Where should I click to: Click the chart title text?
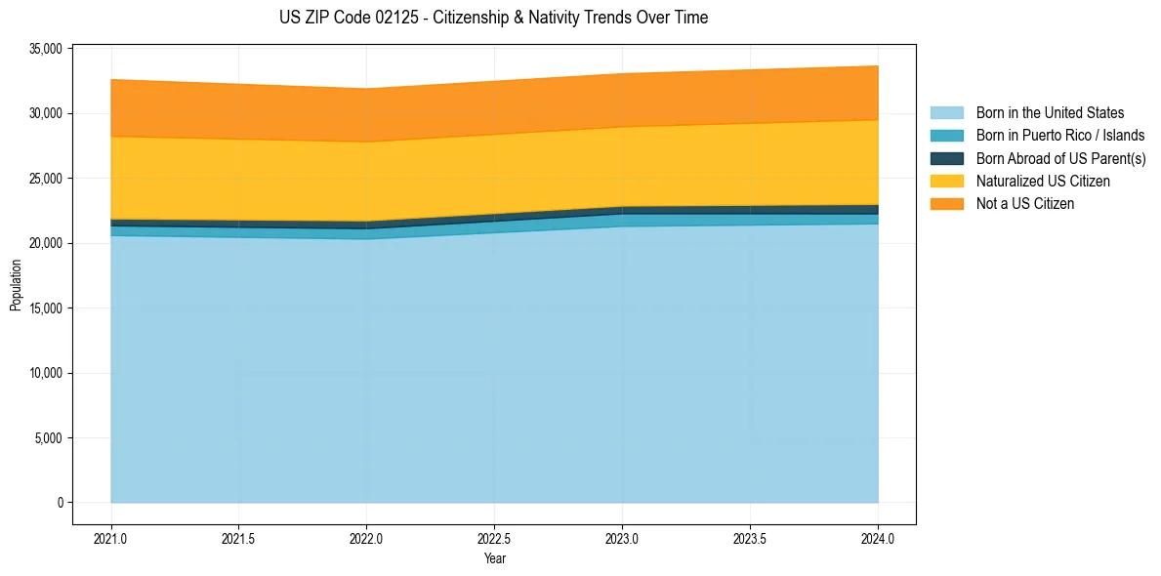tap(493, 18)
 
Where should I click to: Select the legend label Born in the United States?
tap(1050, 113)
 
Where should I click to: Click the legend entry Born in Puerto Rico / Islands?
tap(1059, 136)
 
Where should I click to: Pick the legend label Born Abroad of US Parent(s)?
tap(1060, 158)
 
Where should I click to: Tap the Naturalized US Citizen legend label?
tap(1043, 182)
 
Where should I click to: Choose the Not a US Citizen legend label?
tap(1024, 204)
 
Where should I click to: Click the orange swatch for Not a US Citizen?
tap(946, 204)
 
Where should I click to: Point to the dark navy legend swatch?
tap(946, 158)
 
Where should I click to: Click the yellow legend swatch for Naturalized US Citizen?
tap(946, 182)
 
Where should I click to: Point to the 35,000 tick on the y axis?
tap(45, 49)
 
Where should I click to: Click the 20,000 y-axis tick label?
tap(45, 243)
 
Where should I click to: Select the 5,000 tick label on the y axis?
tap(48, 438)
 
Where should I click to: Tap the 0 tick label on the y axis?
tap(59, 503)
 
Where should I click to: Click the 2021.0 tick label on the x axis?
tap(110, 539)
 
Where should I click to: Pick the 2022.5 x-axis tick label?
tap(494, 539)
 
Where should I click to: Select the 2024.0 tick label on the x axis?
tap(878, 539)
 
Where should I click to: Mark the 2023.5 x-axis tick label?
tap(750, 539)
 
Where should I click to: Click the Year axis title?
tap(494, 558)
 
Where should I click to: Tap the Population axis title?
tap(16, 285)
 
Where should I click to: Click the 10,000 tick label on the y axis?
tap(45, 373)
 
